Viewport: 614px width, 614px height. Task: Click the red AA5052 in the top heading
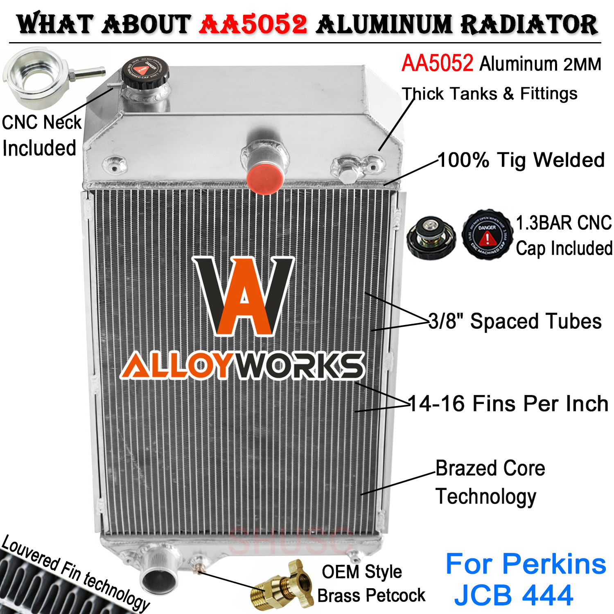[253, 25]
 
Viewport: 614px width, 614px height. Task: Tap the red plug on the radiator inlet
[265, 179]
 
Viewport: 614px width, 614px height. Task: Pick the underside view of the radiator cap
[430, 237]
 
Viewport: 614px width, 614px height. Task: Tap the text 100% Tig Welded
[521, 160]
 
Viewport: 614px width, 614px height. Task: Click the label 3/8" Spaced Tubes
[515, 321]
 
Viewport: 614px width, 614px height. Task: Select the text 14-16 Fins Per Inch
[508, 404]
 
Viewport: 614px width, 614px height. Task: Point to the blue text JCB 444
[514, 595]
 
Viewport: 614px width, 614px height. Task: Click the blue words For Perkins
[526, 564]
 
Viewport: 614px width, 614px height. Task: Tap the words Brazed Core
[490, 468]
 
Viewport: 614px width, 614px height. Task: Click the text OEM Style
[362, 572]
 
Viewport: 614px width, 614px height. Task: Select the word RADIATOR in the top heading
[529, 25]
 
